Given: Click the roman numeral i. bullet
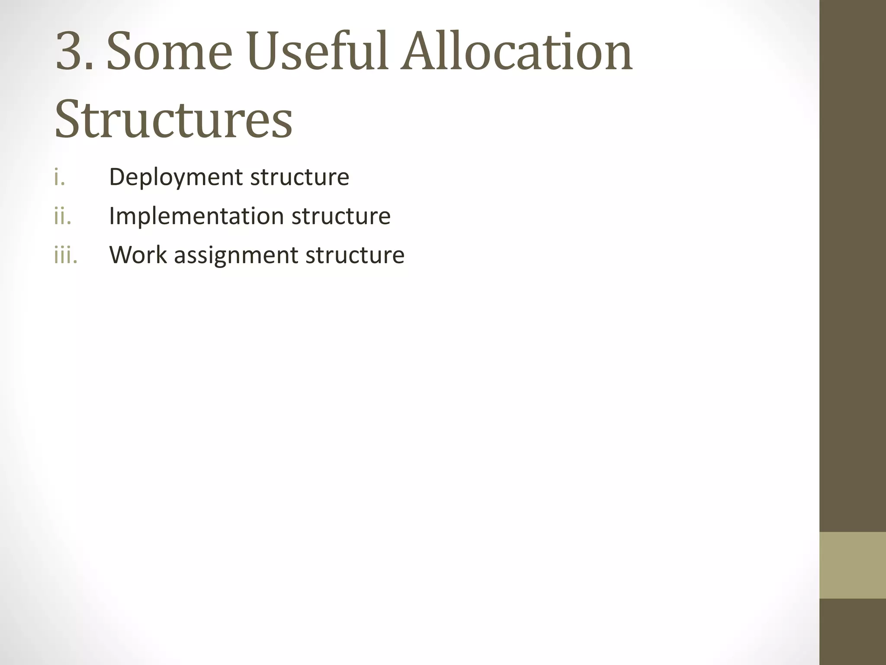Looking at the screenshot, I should tap(60, 177).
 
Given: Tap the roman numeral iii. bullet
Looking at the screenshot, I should tap(66, 255).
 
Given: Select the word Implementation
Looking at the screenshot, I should tap(196, 216).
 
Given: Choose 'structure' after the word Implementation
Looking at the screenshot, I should tap(341, 216).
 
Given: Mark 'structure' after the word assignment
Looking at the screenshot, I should tap(355, 255).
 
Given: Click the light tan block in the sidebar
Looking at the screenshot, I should tap(853, 565).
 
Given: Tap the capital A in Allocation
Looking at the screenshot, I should tap(418, 51).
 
